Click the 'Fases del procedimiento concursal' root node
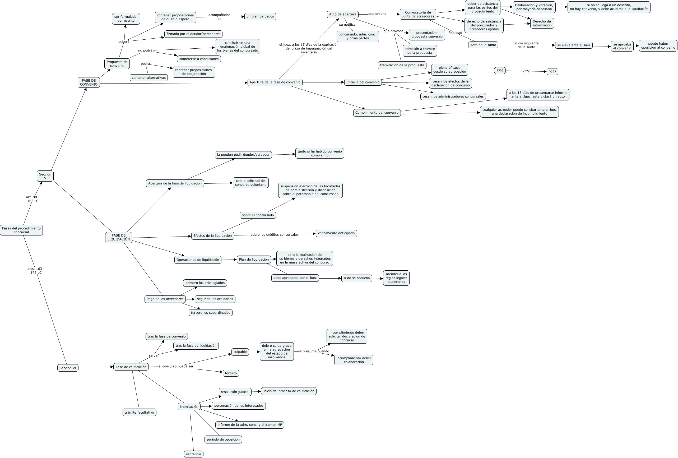pyautogui.click(x=21, y=230)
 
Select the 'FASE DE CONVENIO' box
pyautogui.click(x=89, y=82)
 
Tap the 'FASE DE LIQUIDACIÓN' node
pyautogui.click(x=118, y=238)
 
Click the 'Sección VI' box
pyautogui.click(x=68, y=368)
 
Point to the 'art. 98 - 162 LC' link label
pyautogui.click(x=33, y=199)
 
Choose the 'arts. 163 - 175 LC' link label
pyautogui.click(x=36, y=271)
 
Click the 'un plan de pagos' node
pyautogui.click(x=260, y=17)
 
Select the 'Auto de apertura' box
pyautogui.click(x=342, y=14)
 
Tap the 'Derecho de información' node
pyautogui.click(x=542, y=23)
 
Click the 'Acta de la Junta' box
pyautogui.click(x=483, y=45)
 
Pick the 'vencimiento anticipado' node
pyautogui.click(x=336, y=233)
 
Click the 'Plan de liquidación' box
pyautogui.click(x=254, y=260)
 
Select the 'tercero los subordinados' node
pyautogui.click(x=210, y=313)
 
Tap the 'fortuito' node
pyautogui.click(x=231, y=373)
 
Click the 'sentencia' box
pyautogui.click(x=193, y=454)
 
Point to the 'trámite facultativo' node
pyautogui.click(x=139, y=413)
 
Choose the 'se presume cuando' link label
pyautogui.click(x=313, y=351)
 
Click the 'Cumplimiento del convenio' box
pyautogui.click(x=377, y=113)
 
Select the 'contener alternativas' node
pyautogui.click(x=148, y=78)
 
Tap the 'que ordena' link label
pyautogui.click(x=377, y=14)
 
